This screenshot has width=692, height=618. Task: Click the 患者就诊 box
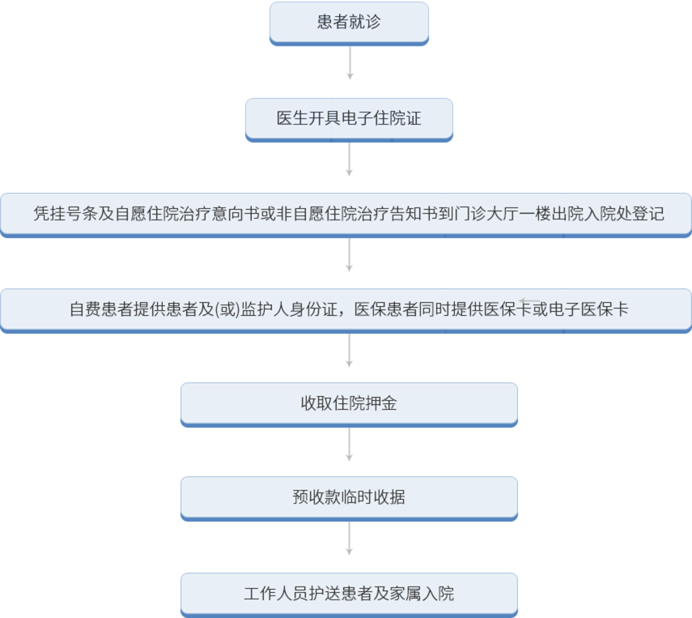(x=349, y=23)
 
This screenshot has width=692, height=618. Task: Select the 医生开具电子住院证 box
(x=349, y=120)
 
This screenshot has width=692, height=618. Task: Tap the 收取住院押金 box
(x=349, y=403)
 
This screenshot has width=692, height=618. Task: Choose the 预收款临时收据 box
(x=349, y=497)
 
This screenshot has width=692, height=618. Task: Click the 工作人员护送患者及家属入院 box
(x=349, y=594)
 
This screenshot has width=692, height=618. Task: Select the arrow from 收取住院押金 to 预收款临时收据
(x=350, y=445)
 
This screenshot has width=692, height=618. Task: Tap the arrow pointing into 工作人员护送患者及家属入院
(x=350, y=539)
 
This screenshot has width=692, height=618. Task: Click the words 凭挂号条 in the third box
(x=66, y=215)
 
